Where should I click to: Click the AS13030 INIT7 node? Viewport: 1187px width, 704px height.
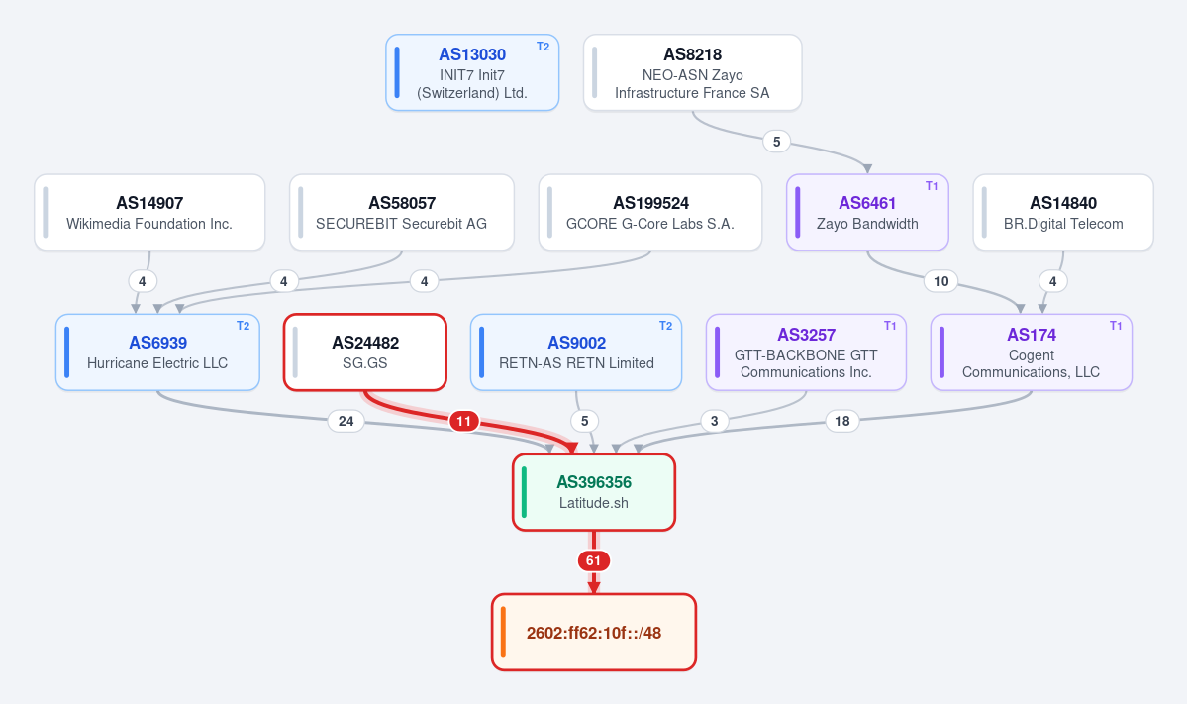[x=472, y=72]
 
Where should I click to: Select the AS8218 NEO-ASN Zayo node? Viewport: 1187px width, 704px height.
[x=693, y=72]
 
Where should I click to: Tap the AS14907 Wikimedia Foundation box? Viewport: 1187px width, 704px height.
[x=149, y=213]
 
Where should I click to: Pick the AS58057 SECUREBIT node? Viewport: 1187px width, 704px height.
[x=402, y=213]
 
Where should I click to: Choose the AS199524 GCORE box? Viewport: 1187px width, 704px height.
[x=650, y=213]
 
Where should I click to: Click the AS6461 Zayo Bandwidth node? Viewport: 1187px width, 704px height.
[x=867, y=213]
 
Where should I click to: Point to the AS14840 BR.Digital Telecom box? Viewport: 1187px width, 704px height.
[x=1063, y=213]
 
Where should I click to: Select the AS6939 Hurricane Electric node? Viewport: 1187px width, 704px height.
[x=157, y=352]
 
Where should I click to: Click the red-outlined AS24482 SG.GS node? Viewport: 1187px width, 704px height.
[x=365, y=352]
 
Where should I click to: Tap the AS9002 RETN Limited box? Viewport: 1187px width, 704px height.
[x=576, y=352]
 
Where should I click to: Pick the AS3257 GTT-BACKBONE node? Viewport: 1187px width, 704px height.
[x=806, y=352]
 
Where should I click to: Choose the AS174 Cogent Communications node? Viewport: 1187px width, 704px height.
[x=1031, y=352]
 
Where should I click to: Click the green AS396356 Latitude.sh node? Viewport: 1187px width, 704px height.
[x=594, y=492]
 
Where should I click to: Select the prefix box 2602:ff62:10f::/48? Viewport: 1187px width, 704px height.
[x=594, y=632]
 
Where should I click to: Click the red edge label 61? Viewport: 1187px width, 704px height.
[x=594, y=561]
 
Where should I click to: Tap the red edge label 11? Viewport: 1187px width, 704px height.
[x=464, y=421]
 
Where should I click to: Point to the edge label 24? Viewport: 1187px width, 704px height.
[x=346, y=421]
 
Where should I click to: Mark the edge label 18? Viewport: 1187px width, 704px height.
[x=841, y=421]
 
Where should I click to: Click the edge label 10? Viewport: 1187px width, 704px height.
[x=940, y=281]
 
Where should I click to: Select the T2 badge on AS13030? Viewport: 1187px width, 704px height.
[x=543, y=47]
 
